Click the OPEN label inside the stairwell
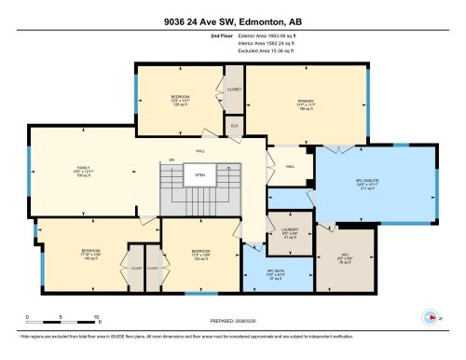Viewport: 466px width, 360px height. (199, 174)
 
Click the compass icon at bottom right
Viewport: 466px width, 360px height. (431, 315)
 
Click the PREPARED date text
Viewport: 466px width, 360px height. (232, 324)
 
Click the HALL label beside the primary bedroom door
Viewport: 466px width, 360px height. (290, 167)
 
